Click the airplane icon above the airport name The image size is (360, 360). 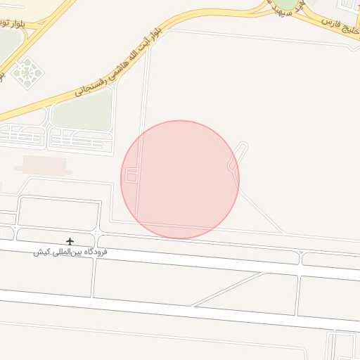pyautogui.click(x=69, y=241)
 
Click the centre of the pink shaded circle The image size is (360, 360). pyautogui.click(x=180, y=179)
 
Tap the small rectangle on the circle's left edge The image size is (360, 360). pyautogui.click(x=131, y=176)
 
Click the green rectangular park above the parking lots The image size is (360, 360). pyautogui.click(x=83, y=110)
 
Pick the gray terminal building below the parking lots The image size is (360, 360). pyautogui.click(x=43, y=165)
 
